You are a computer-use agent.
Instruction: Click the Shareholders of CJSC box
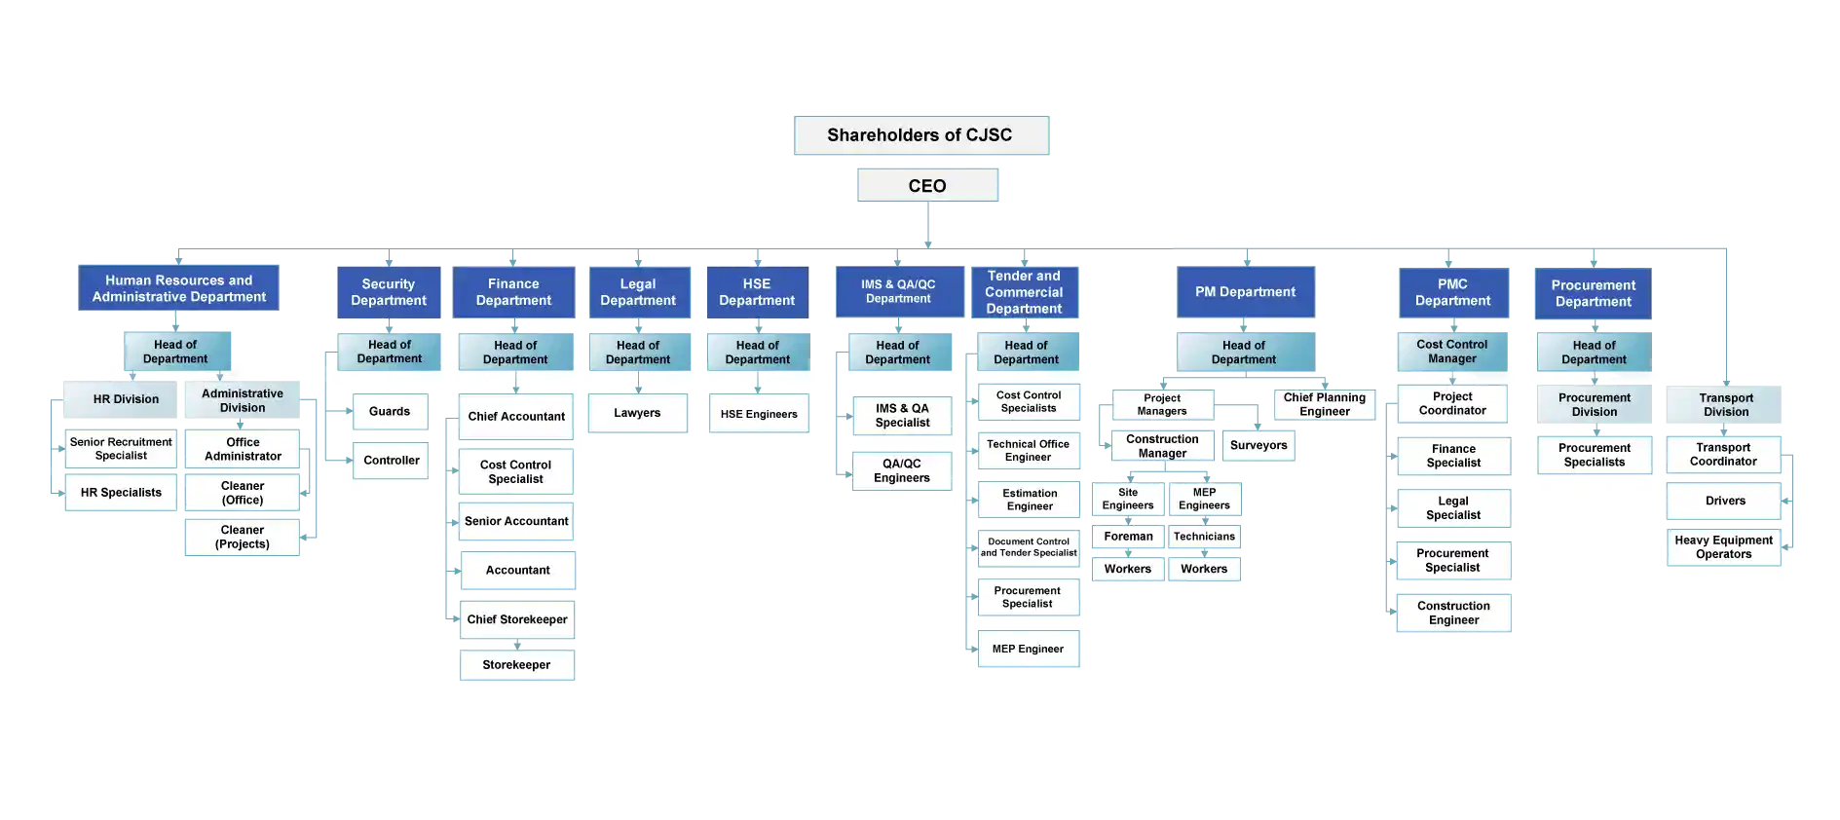pos(920,134)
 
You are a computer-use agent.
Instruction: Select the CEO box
pos(927,185)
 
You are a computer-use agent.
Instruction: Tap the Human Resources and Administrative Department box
pos(179,288)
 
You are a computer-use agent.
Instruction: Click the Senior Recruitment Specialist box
pos(121,449)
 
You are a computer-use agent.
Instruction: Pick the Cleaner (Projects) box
pos(243,538)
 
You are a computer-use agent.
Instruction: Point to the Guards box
pos(390,412)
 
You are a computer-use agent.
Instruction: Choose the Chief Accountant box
pos(516,417)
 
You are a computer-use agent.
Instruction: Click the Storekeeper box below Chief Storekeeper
pos(516,665)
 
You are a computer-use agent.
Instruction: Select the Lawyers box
pos(637,413)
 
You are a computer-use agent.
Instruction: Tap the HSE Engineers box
pos(759,414)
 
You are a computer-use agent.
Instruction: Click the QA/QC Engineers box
pos(902,471)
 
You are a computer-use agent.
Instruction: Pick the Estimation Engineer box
pos(1030,500)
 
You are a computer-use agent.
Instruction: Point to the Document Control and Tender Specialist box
pos(1029,547)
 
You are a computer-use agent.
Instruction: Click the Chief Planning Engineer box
pos(1325,404)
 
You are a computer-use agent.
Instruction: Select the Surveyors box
pos(1258,446)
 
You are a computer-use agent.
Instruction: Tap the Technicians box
pos(1204,537)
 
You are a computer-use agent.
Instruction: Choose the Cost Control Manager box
pos(1452,352)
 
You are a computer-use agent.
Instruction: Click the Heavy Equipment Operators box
pos(1723,547)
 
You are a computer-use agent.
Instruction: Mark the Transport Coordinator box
pos(1723,455)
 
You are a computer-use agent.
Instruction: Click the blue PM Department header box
pos(1246,292)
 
